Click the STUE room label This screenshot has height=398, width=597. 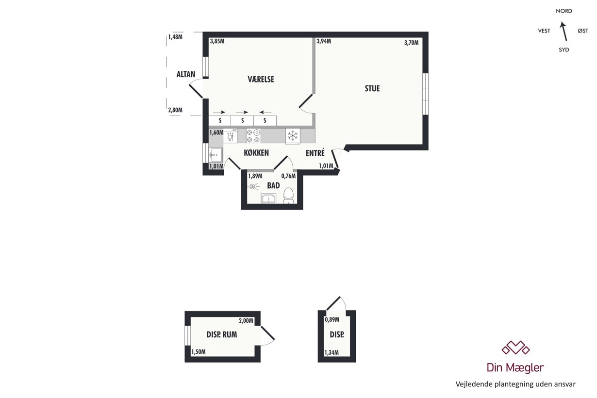coord(372,88)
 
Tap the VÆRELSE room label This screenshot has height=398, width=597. coord(261,79)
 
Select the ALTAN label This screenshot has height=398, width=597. coord(186,74)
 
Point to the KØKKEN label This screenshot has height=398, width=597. coord(256,153)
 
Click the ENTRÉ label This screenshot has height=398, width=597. coord(315,153)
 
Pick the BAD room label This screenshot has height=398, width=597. coord(273,185)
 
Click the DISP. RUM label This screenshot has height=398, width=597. coord(222,334)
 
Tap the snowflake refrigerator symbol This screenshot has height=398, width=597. coord(293,136)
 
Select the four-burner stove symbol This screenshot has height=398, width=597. coord(253,136)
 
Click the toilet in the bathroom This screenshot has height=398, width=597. coord(288,196)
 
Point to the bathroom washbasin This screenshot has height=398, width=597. coord(268,199)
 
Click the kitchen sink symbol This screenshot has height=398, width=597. coord(216,155)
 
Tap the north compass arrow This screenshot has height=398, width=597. coord(564,31)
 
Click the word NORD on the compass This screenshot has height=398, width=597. coord(564,11)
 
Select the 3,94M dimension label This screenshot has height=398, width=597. coord(324,41)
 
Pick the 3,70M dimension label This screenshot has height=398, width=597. coord(411,43)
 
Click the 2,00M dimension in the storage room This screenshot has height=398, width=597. coord(246,321)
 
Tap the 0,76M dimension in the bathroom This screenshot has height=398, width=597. coord(288,176)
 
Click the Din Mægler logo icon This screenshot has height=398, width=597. coord(515,348)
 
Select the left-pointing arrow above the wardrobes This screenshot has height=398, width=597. coord(265,112)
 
